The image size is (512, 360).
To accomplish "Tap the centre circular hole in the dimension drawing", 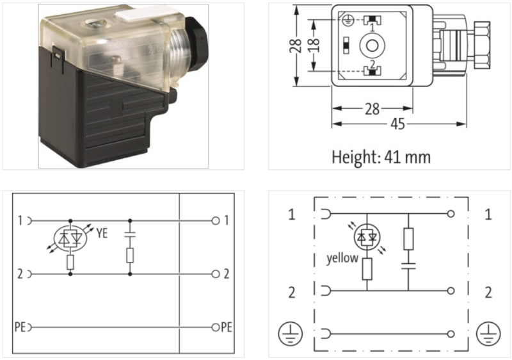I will pos(370,45).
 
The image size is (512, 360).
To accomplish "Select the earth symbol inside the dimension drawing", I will pos(346,20).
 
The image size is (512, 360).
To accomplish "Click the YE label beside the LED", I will pos(101,234).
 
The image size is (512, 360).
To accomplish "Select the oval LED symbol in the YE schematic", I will pos(69,238).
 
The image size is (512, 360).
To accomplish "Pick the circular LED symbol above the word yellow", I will pos(367,236).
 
